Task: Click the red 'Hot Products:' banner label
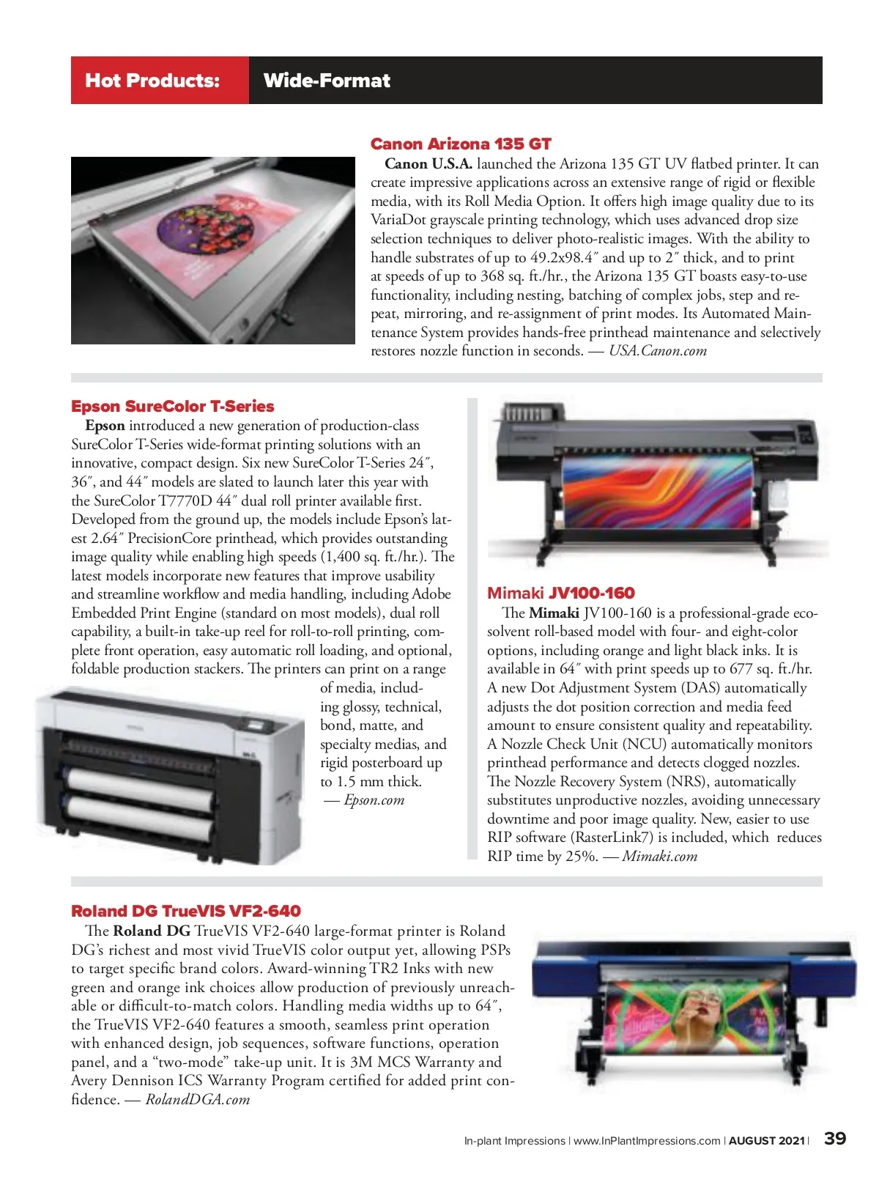point(152,81)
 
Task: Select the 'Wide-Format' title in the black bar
point(327,81)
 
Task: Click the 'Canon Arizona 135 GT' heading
point(460,144)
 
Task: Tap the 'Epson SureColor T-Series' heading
point(172,406)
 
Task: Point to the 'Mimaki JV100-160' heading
point(560,593)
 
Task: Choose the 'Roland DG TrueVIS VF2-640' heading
point(185,911)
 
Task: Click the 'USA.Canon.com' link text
point(658,351)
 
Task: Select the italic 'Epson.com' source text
point(374,800)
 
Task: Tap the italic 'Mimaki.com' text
point(659,856)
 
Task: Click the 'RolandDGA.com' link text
point(198,1099)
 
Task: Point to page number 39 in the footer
point(835,1139)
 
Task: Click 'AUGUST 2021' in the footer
point(766,1141)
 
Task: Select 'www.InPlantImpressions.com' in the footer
point(647,1141)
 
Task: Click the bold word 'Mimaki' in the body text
point(554,613)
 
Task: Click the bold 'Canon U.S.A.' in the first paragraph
point(429,163)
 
